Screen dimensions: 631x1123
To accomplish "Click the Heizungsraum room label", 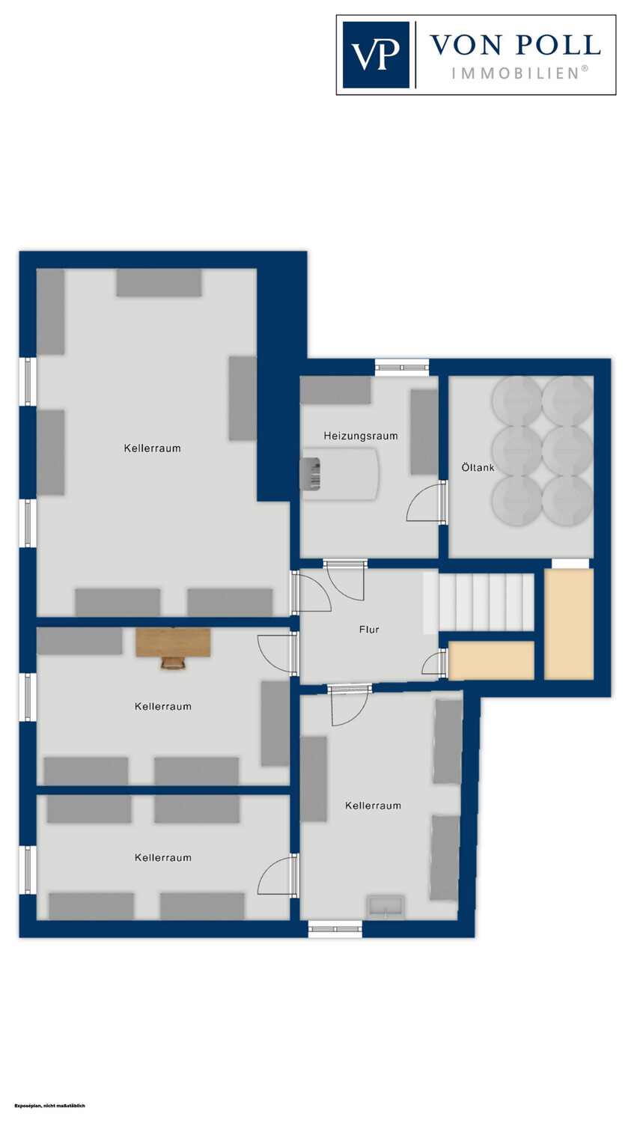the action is coord(360,436).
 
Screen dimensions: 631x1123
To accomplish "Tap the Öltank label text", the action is coord(478,467).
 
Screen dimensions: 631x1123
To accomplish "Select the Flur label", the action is coord(369,630).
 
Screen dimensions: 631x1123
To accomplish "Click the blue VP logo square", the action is coord(376,55).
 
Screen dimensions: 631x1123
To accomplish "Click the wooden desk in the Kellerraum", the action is coord(173,642).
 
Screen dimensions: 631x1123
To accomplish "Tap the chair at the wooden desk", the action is coord(174,663).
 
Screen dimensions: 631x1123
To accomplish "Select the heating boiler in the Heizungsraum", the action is coord(339,474).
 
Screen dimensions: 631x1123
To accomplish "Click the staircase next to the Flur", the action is coord(479,602).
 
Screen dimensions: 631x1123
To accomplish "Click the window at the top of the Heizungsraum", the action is coord(402,368).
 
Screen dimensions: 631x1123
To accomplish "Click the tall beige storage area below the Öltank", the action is coord(569,624).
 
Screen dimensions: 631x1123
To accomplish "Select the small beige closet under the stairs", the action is coord(491,661).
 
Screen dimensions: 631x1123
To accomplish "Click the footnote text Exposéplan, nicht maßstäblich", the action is coord(49,1106).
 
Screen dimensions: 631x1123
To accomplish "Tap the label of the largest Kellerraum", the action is coord(153,448).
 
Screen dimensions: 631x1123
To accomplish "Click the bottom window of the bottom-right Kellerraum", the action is coord(335,929).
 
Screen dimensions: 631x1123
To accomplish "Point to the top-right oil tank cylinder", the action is coord(568,401).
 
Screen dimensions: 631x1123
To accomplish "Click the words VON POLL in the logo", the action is coord(516,45).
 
